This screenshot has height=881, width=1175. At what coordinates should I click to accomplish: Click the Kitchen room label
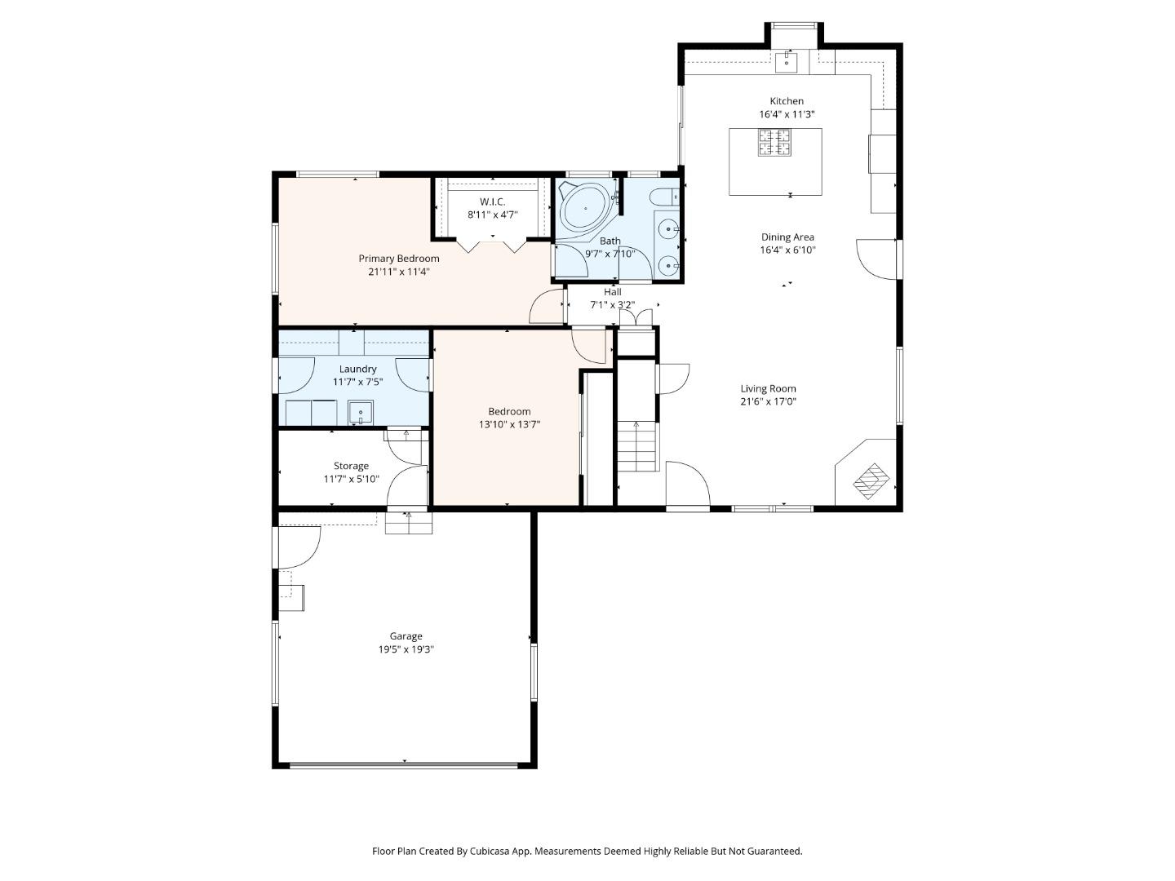pyautogui.click(x=787, y=101)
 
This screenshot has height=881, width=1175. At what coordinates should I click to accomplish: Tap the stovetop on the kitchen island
pyautogui.click(x=775, y=143)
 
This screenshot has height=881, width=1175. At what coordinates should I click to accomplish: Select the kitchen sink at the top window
pyautogui.click(x=787, y=61)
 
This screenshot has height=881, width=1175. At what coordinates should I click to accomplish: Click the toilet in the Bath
pyautogui.click(x=666, y=196)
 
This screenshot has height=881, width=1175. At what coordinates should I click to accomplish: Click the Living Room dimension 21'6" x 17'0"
pyautogui.click(x=768, y=401)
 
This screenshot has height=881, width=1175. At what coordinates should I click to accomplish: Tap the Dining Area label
pyautogui.click(x=787, y=237)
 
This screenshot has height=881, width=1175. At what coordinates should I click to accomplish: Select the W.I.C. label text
pyautogui.click(x=492, y=201)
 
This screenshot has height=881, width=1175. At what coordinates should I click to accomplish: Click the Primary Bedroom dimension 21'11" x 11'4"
pyautogui.click(x=398, y=272)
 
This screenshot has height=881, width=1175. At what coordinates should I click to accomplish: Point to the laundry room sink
pyautogui.click(x=360, y=413)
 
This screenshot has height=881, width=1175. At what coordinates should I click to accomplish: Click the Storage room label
pyautogui.click(x=351, y=466)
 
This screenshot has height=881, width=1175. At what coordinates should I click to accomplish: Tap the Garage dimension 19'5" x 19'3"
pyautogui.click(x=406, y=649)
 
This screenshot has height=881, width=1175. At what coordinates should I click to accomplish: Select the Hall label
pyautogui.click(x=612, y=291)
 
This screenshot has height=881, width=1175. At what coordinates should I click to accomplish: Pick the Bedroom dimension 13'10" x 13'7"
pyautogui.click(x=509, y=424)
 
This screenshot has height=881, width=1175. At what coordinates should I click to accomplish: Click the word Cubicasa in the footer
pyautogui.click(x=514, y=851)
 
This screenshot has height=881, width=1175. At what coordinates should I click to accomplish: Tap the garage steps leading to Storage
pyautogui.click(x=409, y=522)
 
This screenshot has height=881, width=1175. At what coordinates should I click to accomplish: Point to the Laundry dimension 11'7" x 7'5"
pyautogui.click(x=357, y=382)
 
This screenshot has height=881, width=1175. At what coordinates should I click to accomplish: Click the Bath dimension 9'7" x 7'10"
pyautogui.click(x=610, y=254)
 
